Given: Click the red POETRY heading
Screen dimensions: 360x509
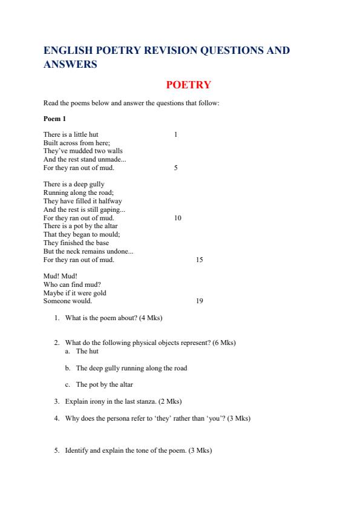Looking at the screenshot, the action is click(x=188, y=85).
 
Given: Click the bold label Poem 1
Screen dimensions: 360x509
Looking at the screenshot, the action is click(x=54, y=119).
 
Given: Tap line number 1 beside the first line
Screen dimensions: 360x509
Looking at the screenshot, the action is click(x=175, y=134).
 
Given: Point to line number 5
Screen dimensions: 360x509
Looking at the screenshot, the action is click(x=175, y=168).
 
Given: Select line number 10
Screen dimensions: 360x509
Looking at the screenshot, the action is click(x=177, y=217).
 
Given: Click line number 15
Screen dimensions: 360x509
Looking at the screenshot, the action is click(x=200, y=260).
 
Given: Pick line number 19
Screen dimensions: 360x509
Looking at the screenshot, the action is click(x=200, y=301).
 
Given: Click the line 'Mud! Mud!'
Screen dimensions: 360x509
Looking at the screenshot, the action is click(x=56, y=276).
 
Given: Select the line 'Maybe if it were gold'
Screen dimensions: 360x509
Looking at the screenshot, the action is click(x=74, y=293).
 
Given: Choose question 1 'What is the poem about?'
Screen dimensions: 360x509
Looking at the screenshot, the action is click(x=113, y=318).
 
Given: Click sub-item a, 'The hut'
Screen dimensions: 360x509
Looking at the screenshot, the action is click(x=87, y=351).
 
